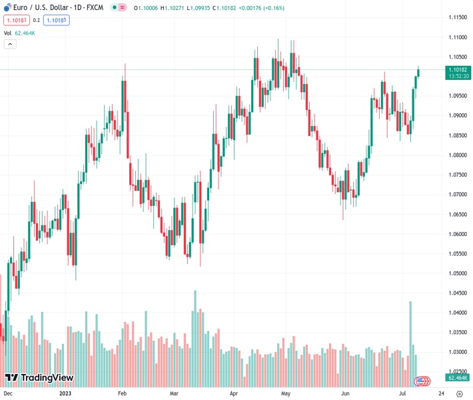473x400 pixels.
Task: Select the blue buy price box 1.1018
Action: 58,20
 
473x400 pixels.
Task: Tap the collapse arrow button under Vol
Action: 10,44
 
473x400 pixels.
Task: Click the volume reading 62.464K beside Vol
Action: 25,33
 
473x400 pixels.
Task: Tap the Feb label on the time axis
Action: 122,393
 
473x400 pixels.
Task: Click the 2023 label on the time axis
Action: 65,393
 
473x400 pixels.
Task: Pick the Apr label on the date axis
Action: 234,393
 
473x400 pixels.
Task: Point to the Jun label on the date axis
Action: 344,393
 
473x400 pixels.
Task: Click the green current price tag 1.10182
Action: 459,69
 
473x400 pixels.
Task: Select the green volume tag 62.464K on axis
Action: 458,378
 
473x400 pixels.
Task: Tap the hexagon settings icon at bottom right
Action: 459,393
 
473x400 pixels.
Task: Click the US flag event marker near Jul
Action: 422,381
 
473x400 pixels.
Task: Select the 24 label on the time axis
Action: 442,393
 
